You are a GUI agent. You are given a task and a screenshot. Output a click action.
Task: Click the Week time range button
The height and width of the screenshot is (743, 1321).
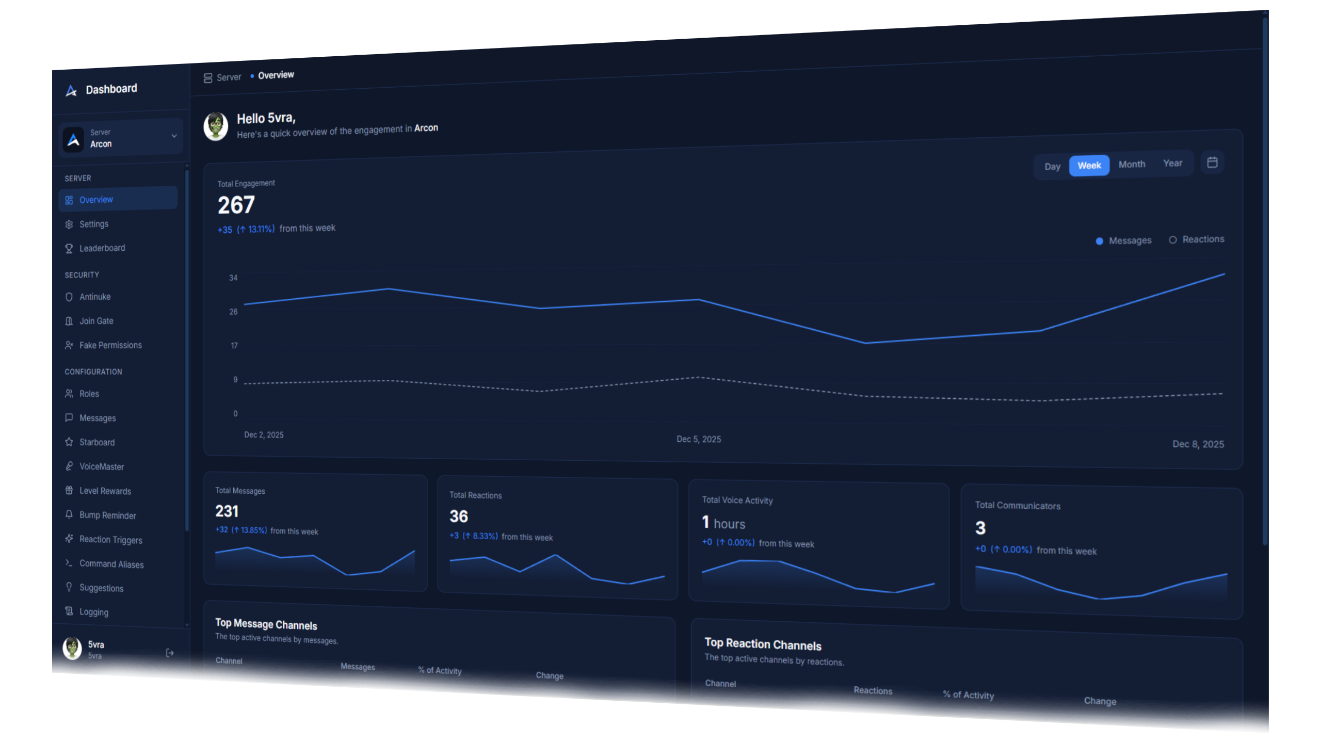coord(1089,166)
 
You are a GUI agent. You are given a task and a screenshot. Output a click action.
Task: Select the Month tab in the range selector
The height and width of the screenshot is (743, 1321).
coord(1132,165)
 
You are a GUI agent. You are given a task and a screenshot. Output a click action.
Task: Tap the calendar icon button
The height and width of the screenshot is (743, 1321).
coord(1212,163)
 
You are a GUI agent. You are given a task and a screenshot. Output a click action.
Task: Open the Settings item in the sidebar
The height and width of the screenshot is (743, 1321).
coord(93,224)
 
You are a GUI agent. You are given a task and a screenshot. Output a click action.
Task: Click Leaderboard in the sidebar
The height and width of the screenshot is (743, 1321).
coord(102,248)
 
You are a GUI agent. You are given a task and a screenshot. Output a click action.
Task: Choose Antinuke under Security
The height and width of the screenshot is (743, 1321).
coord(94,297)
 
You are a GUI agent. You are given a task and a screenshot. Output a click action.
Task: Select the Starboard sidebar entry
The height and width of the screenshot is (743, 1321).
coord(96,442)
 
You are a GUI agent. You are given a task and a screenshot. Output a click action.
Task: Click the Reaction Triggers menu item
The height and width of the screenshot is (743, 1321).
coord(110,540)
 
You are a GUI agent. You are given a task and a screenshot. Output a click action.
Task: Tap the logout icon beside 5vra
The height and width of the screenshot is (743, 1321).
coord(170,653)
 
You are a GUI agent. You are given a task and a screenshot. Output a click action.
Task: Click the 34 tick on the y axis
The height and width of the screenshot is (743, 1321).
coord(233,278)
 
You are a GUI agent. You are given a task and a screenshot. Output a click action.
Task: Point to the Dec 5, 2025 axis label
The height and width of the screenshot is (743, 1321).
coord(699,439)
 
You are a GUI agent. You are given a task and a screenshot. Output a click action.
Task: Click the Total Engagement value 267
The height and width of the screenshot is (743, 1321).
coord(236,205)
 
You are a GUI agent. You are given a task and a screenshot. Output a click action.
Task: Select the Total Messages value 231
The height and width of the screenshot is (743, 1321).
coord(227,511)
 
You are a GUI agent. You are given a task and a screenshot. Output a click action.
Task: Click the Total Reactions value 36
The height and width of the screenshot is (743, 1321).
coord(459,516)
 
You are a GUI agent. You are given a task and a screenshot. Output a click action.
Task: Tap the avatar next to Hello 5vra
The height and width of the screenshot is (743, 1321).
coord(216,126)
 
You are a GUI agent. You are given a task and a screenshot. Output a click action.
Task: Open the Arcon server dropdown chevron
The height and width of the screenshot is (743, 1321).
coord(174,136)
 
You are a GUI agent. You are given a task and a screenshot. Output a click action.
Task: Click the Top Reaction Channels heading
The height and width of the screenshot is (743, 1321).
coord(763,644)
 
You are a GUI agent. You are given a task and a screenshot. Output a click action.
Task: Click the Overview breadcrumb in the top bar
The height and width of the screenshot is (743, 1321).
coord(276,75)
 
